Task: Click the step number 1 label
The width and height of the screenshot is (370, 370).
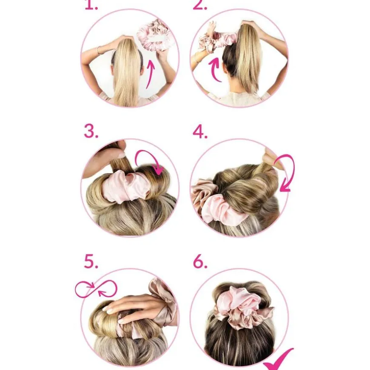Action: (x=91, y=5)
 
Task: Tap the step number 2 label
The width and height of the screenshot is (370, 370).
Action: (x=200, y=5)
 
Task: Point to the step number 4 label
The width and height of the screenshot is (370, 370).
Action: (x=200, y=131)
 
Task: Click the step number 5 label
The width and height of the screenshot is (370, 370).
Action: (x=91, y=262)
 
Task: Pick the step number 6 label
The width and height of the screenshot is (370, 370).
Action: (x=200, y=262)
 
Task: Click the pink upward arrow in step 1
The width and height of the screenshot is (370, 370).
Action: (x=150, y=74)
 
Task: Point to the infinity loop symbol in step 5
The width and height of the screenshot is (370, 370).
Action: (x=96, y=289)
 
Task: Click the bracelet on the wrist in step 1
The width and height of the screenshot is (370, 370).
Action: (x=99, y=50)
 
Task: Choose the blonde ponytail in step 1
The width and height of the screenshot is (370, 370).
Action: (x=127, y=71)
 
